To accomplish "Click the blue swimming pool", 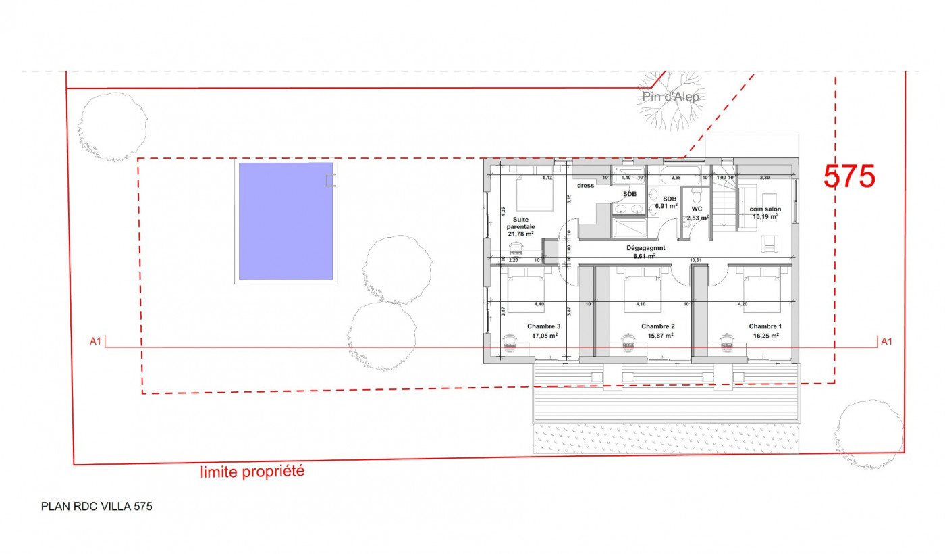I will [284, 221].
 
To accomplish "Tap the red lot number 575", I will [848, 176].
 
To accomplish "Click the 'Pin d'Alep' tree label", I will [670, 97].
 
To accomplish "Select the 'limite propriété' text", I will [252, 472].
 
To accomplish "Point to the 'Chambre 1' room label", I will [763, 326].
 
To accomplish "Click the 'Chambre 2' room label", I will [657, 326].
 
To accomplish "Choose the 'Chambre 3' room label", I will [543, 326].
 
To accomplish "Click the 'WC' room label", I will [697, 209].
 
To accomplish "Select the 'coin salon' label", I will [765, 209].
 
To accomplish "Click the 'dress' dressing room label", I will [585, 185].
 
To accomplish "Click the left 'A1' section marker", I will [95, 342].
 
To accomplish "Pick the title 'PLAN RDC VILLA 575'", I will [97, 506].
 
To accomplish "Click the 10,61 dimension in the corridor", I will [695, 260].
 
